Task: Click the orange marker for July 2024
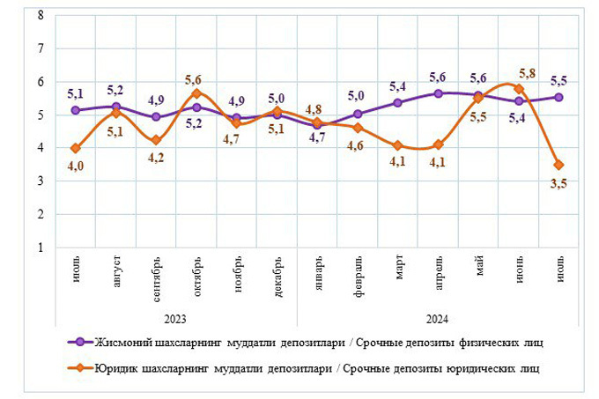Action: [x=558, y=165]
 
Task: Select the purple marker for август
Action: [x=116, y=107]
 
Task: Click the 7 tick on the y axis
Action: [x=40, y=48]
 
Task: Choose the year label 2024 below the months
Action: [x=435, y=315]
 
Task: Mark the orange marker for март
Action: [x=398, y=145]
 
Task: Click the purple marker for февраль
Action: [x=358, y=114]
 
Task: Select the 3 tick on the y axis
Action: [x=40, y=181]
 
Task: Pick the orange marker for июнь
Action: [x=519, y=89]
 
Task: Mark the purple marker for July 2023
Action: [x=76, y=110]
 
